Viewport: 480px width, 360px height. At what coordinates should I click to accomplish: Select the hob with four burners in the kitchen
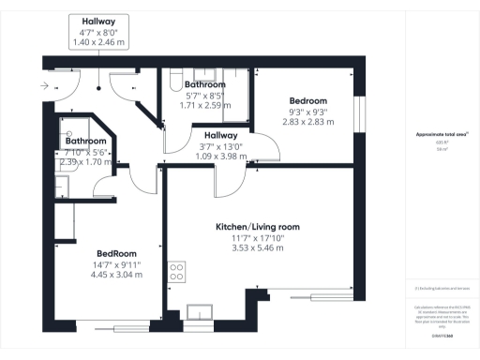tap(175, 273)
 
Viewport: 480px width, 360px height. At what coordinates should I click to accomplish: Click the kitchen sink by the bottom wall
tap(200, 310)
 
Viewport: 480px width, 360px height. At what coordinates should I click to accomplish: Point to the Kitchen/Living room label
tap(258, 227)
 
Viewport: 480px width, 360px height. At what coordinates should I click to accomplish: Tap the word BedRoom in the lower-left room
tap(118, 253)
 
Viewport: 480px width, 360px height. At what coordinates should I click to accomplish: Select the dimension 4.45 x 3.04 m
tap(118, 275)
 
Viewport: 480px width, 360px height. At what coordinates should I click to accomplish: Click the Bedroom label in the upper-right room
tap(307, 100)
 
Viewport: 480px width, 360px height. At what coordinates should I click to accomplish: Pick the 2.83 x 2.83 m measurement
tap(307, 121)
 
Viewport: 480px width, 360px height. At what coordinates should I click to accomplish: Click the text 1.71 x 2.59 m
tap(204, 105)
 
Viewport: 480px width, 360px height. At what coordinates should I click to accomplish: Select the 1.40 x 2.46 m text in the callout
tap(99, 43)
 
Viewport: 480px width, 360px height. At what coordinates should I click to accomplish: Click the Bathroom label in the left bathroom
tap(85, 141)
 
